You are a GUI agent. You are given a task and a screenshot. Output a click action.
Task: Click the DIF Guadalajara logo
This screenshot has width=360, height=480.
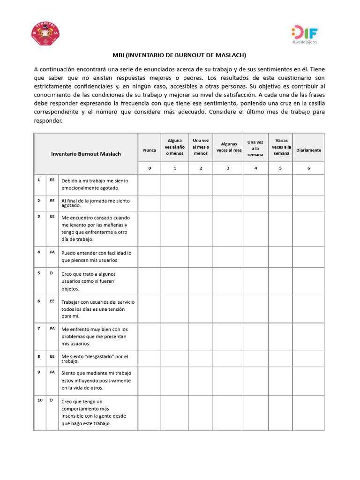pos(305,34)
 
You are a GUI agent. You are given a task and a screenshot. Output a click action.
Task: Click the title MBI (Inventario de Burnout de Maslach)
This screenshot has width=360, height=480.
pos(180,55)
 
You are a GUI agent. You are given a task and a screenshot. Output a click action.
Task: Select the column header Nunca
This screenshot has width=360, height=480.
pos(150,150)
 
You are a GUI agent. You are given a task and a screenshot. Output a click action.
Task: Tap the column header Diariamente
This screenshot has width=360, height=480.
pos(308,150)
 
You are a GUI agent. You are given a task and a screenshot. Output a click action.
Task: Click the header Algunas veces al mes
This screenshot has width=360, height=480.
pos(228,147)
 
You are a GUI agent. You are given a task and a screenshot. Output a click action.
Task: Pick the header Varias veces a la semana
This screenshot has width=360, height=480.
pos(281,147)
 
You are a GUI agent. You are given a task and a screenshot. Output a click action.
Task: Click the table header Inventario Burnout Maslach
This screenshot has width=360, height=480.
pos(86,154)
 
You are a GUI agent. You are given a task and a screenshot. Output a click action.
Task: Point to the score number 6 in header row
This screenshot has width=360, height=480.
pos(308,168)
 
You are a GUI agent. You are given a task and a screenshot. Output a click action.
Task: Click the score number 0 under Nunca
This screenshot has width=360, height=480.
pos(150,168)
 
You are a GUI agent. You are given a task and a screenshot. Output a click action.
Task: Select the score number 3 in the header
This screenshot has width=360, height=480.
pos(228,168)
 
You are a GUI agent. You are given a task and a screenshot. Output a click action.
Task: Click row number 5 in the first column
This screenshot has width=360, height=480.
pos(39,273)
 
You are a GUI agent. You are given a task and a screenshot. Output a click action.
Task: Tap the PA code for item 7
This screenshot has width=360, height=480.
pos(52,328)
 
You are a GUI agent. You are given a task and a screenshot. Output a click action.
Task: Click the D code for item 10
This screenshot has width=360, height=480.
pos(51,400)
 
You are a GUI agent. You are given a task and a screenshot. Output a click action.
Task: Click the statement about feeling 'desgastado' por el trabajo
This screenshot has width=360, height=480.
pos(94,359)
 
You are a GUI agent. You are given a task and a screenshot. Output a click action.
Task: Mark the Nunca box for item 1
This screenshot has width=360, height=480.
pos(150,185)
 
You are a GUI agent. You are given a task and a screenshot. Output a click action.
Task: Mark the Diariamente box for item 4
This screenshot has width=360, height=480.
pos(308,257)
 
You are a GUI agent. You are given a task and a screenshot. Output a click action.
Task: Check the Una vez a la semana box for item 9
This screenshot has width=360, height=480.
pos(255,381)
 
